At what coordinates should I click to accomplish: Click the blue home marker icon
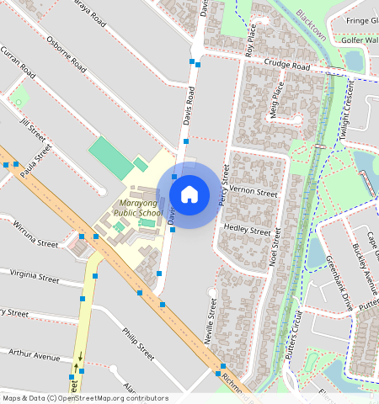tap(189, 194)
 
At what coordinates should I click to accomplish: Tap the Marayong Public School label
tap(138, 209)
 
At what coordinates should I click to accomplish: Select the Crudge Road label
tap(286, 66)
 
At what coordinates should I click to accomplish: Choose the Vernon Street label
tap(253, 193)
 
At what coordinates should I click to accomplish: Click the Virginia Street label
tap(35, 277)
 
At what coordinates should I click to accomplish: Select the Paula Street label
tap(36, 158)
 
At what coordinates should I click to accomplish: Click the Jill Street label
tap(32, 129)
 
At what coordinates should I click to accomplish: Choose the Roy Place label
tap(249, 40)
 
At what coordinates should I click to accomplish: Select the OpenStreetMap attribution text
tap(84, 398)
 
